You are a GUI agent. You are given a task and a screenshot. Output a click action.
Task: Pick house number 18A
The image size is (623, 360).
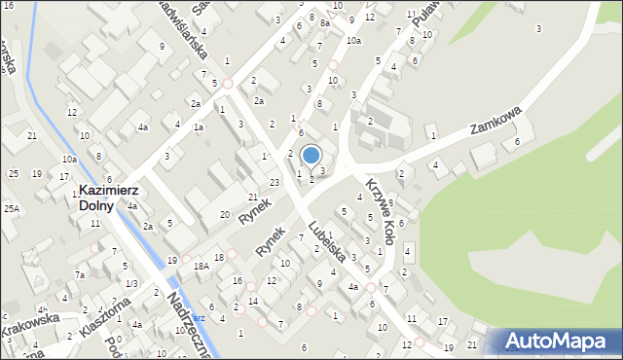point(202,266)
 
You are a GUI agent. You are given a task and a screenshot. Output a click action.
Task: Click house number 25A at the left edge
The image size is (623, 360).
point(11,208)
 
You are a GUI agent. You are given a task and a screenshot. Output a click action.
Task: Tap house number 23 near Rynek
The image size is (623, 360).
point(275,182)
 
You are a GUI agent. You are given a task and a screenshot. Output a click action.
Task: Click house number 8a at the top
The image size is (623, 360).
point(325,23)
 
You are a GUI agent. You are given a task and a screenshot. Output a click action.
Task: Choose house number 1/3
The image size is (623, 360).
point(131,283)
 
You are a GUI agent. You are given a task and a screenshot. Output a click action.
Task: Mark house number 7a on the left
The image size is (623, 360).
point(82,275)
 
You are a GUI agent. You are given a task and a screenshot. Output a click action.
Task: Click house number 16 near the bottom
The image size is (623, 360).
point(238,280)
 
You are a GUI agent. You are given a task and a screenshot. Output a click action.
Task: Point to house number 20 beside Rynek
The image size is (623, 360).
point(225,214)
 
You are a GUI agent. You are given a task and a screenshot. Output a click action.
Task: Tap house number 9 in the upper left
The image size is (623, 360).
point(162,46)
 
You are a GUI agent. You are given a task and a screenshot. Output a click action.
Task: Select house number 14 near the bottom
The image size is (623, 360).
point(253,302)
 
